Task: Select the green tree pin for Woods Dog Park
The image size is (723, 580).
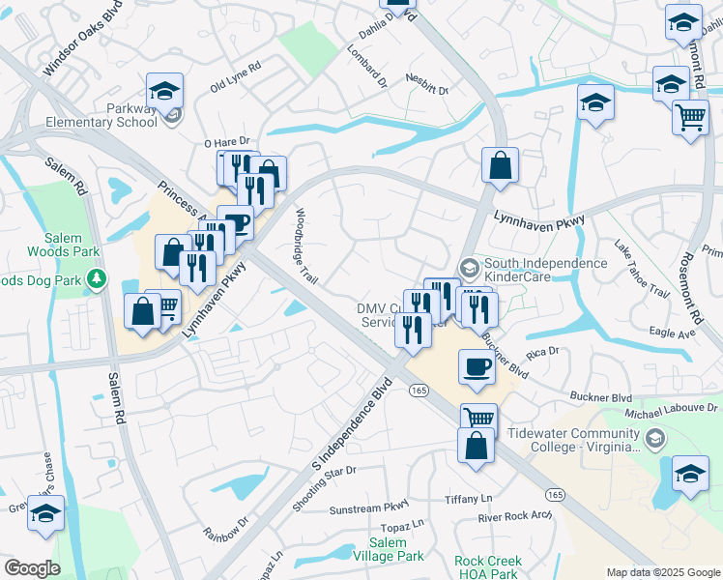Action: point(96,280)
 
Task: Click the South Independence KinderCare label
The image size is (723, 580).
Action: point(544,270)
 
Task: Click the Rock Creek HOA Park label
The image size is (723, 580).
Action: point(488,567)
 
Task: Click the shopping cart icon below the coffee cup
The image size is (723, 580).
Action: point(478,418)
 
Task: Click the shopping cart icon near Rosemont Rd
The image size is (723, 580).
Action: point(689,117)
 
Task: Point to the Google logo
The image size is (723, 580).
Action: point(32,568)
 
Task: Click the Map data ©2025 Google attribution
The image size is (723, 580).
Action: point(662,572)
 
